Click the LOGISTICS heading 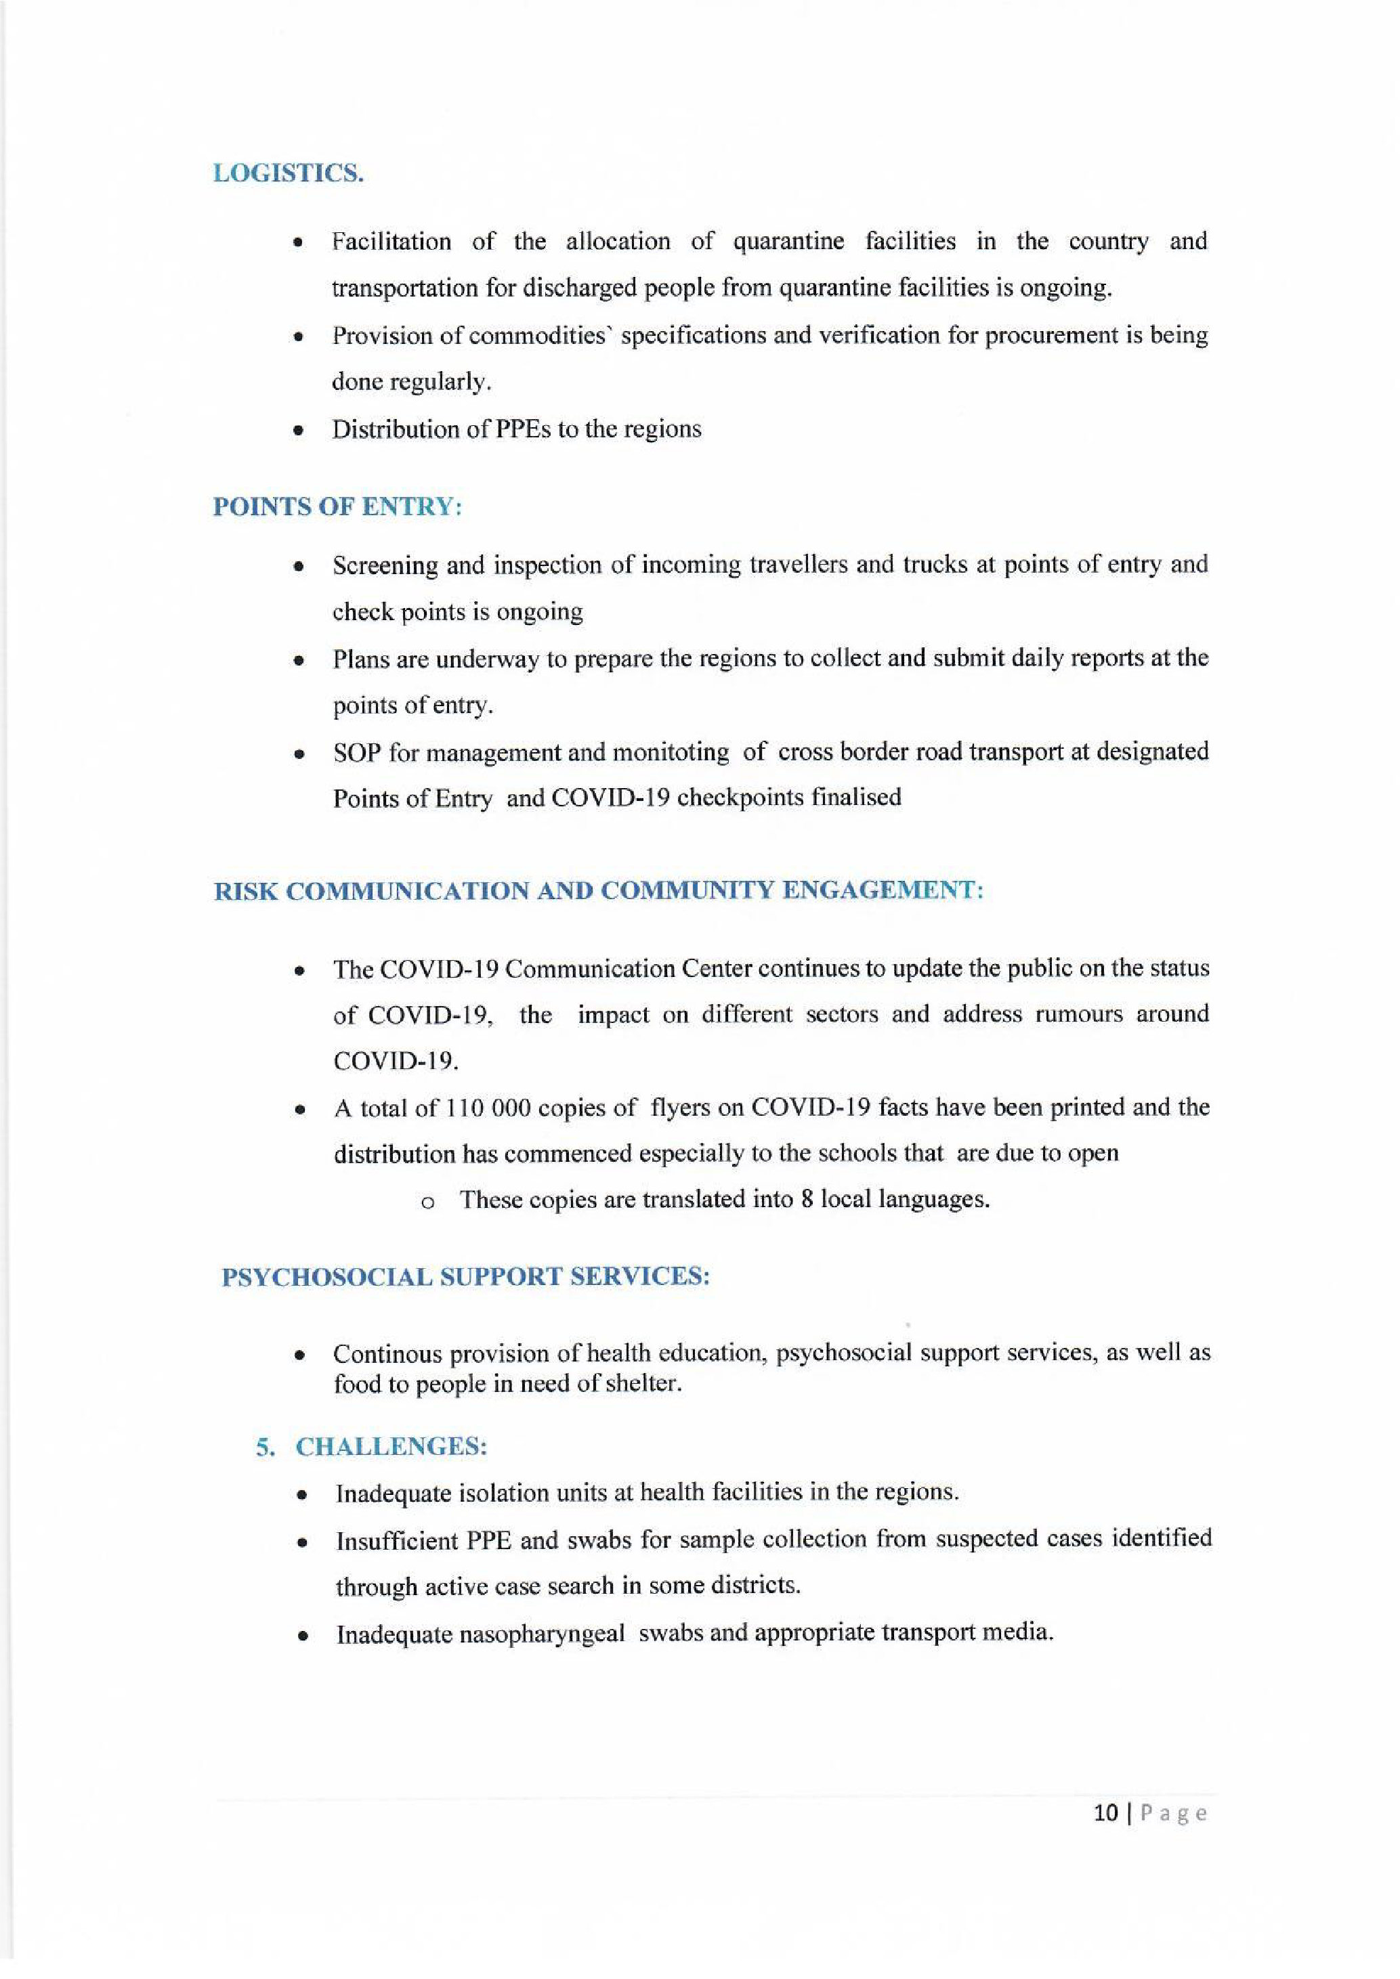pos(288,173)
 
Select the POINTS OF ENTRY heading pos(337,507)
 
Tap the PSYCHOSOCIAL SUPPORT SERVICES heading pos(465,1276)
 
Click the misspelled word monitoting pos(670,752)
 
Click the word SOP pos(358,752)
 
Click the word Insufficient pos(396,1540)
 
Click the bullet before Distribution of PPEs pos(298,431)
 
